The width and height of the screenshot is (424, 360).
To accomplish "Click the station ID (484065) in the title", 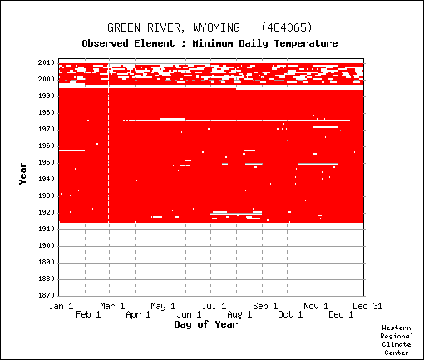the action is [287, 27].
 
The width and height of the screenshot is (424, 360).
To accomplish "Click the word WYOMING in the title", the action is [216, 27].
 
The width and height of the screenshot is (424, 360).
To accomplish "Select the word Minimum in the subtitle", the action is [213, 43].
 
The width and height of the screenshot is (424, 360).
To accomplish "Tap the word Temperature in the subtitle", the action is [306, 43].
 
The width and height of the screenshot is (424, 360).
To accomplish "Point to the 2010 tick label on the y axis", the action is [47, 63].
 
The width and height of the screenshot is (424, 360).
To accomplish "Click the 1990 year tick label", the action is [47, 96].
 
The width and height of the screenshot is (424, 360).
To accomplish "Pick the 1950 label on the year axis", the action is [47, 163].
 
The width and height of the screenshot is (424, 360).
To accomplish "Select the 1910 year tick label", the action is [47, 229].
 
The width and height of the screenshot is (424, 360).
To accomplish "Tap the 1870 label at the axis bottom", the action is [47, 295].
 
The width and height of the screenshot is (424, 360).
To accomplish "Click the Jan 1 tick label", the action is [61, 306].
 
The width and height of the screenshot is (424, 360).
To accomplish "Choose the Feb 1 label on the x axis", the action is [88, 314].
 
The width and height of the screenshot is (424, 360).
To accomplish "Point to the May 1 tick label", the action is [163, 306].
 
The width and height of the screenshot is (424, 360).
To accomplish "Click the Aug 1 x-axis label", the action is [239, 314].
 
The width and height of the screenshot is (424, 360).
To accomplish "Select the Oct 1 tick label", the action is [290, 314].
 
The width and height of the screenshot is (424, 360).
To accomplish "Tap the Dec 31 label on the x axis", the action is [367, 306].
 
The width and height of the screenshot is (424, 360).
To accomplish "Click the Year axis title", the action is [22, 174].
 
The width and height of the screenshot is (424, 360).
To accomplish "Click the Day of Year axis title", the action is [206, 324].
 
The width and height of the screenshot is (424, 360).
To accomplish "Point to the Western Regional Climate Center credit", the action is [397, 340].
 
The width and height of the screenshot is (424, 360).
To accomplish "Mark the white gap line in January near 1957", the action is [71, 150].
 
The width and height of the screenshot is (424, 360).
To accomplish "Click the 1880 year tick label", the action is [47, 279].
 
